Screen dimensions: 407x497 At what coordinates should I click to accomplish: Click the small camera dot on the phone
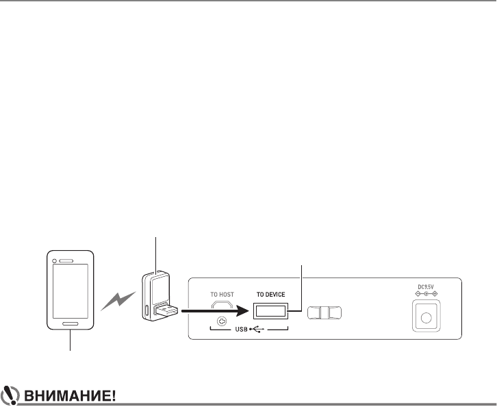coord(54,261)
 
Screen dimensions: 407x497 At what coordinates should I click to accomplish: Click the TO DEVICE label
coord(270,293)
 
